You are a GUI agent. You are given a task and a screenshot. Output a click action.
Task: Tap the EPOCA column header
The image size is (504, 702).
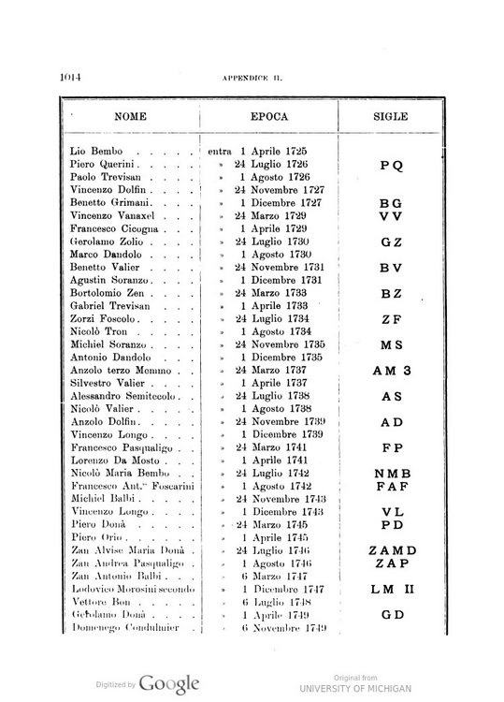(x=268, y=119)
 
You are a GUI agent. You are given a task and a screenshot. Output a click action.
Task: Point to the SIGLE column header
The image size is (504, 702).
(x=391, y=119)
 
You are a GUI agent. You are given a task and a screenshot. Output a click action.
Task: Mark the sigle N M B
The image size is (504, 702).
(x=391, y=474)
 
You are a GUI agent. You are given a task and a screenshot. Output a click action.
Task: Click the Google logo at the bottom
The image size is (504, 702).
(x=170, y=683)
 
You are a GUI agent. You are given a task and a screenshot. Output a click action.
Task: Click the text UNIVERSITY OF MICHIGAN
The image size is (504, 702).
(x=355, y=688)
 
